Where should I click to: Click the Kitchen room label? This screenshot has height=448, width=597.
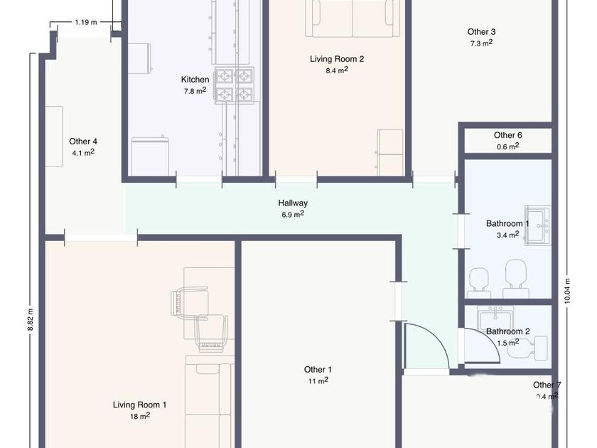[x=195, y=80]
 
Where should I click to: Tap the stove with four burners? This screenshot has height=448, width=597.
[x=234, y=85]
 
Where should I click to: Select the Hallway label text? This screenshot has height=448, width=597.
[x=293, y=203]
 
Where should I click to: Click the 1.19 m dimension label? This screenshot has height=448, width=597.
[x=86, y=22]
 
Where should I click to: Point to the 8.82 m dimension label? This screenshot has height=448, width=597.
[x=31, y=319]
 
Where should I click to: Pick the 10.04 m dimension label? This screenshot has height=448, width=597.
[x=568, y=291]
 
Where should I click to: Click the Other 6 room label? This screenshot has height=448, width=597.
[x=508, y=135]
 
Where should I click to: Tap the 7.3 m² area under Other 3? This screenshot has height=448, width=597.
[x=481, y=43]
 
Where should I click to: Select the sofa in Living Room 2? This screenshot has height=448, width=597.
[x=353, y=18]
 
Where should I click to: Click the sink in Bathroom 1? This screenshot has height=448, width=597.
[x=537, y=225]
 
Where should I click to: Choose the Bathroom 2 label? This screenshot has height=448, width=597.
[x=508, y=331]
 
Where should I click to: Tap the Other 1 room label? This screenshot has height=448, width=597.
[x=318, y=370]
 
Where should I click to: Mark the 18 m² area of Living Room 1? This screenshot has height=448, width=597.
[x=140, y=416]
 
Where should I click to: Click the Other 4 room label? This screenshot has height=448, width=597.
[x=83, y=142]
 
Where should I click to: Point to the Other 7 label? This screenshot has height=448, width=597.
[x=547, y=385]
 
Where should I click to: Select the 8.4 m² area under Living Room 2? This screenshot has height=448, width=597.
[x=337, y=70]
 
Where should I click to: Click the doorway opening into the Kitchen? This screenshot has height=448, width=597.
[x=199, y=179]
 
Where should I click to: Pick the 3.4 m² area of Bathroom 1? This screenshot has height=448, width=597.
[x=508, y=235]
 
